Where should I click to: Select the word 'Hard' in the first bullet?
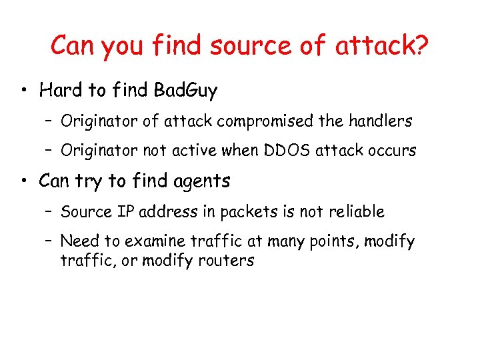click(x=57, y=89)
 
